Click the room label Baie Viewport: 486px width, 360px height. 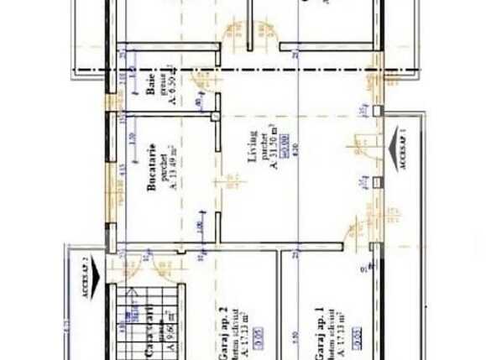click(x=151, y=86)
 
